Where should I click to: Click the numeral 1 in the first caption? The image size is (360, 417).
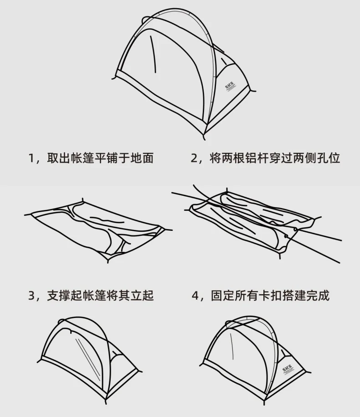(31, 159)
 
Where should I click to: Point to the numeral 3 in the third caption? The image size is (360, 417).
(31, 296)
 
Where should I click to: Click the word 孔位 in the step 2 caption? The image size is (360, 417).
(329, 159)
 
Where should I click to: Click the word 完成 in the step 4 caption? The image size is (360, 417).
(318, 296)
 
